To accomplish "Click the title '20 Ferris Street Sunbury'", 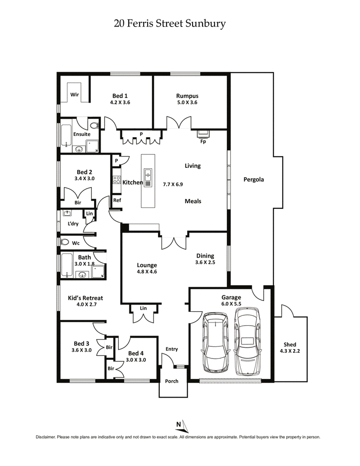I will [x=170, y=23].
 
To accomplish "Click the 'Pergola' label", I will [x=253, y=180].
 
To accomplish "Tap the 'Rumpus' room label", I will [x=187, y=96].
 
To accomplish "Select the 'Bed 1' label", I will [x=120, y=96].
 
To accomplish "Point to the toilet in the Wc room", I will [x=65, y=242].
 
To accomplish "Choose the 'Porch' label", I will [x=171, y=381].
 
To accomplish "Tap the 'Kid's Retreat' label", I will [x=85, y=298].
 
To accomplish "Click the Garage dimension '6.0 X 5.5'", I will [x=231, y=304].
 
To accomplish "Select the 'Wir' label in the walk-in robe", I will [x=75, y=95].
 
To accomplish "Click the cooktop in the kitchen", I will [x=116, y=180].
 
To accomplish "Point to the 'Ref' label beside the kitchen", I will [x=117, y=200].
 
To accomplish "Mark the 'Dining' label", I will [x=205, y=256].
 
